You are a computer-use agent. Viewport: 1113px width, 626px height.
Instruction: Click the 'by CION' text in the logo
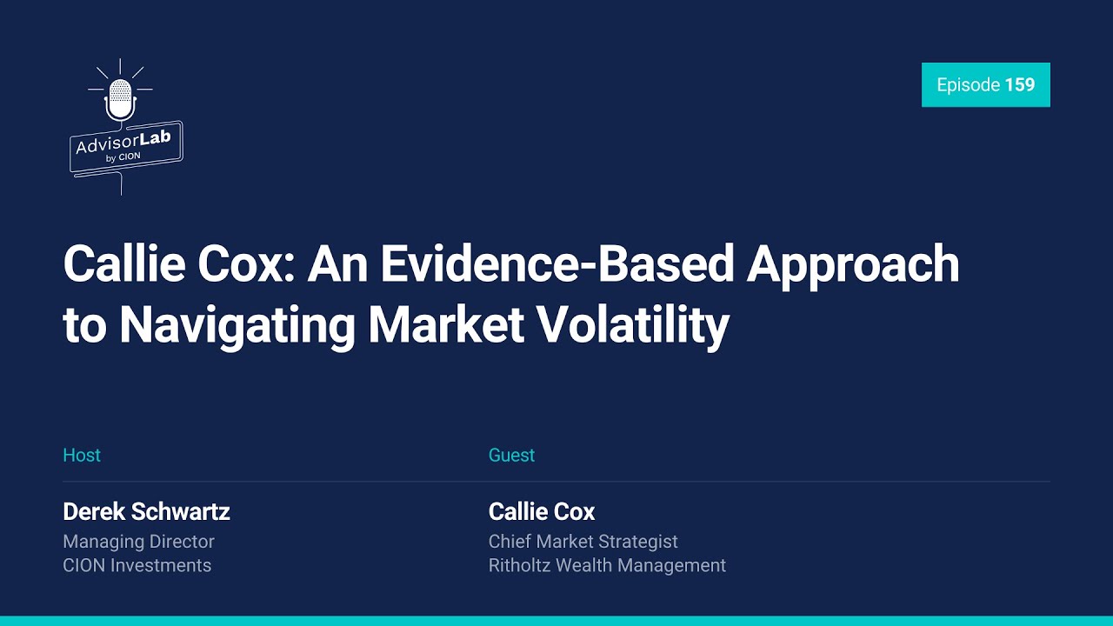(x=123, y=157)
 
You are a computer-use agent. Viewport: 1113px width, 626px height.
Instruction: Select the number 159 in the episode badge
(x=1019, y=85)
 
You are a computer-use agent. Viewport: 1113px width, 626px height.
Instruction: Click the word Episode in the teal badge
(x=968, y=85)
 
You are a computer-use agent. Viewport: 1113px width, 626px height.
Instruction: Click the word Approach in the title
(x=853, y=264)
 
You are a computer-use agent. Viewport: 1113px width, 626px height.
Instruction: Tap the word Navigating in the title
(x=237, y=325)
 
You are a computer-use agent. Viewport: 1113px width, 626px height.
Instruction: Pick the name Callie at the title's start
(x=123, y=264)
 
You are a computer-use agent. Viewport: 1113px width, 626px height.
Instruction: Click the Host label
(x=82, y=456)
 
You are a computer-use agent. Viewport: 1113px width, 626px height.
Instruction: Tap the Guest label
(x=511, y=456)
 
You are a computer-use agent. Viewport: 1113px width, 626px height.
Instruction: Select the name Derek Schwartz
(x=146, y=511)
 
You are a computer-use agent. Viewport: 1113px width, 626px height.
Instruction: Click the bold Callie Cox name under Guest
(x=542, y=511)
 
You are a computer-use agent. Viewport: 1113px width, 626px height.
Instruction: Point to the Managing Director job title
(x=138, y=542)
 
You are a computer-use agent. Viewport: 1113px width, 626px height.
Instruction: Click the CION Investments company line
(x=137, y=565)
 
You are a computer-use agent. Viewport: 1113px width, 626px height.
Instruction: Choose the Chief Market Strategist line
(x=583, y=542)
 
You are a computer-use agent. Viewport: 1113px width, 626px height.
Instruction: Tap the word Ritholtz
(x=520, y=565)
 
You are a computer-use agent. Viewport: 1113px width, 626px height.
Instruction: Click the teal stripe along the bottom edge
(x=556, y=621)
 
